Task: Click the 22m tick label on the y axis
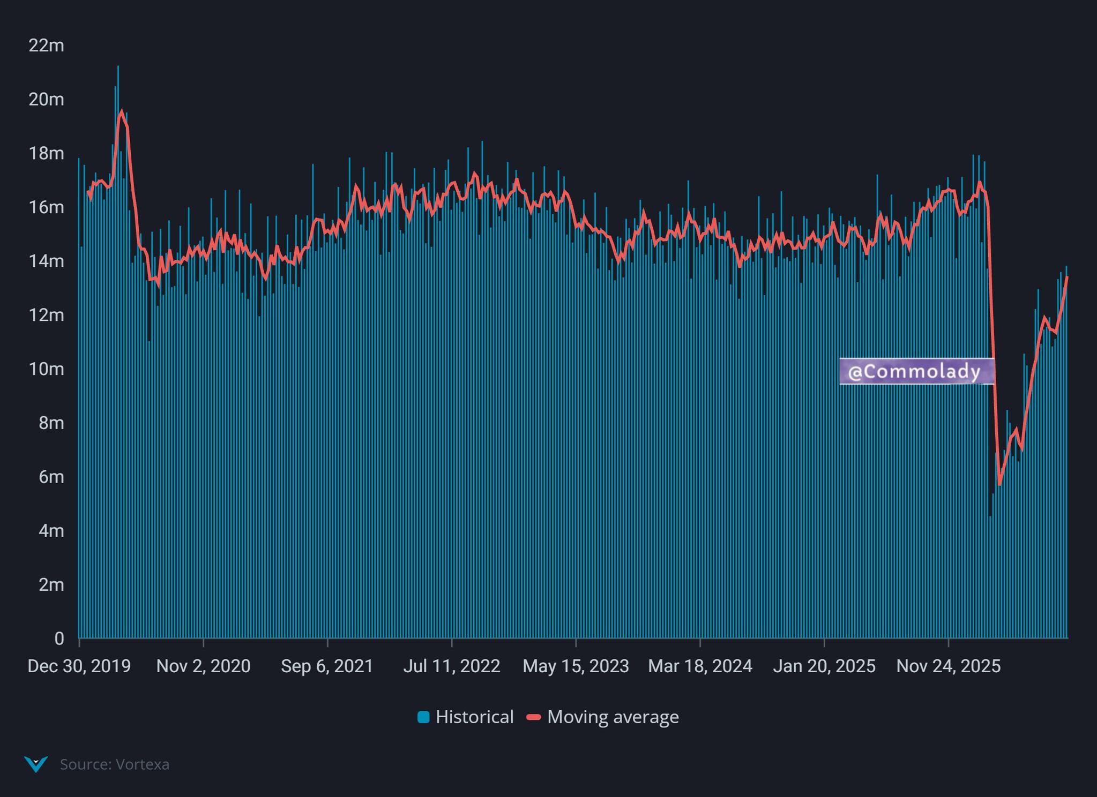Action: point(46,46)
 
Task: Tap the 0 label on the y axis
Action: point(59,638)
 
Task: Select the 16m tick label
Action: point(46,207)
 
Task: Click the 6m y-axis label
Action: point(51,477)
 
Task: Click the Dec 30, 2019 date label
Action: point(79,666)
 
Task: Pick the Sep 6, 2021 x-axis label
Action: point(327,666)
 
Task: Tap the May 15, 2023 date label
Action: point(576,666)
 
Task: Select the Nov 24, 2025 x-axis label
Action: point(949,666)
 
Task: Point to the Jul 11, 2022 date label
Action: point(452,666)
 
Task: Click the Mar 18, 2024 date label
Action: point(700,666)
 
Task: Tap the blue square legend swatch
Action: point(423,717)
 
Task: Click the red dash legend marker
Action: point(534,717)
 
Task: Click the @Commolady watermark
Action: point(916,371)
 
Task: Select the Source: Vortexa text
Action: point(115,764)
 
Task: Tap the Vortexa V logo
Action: point(36,764)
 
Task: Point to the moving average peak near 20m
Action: point(122,111)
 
